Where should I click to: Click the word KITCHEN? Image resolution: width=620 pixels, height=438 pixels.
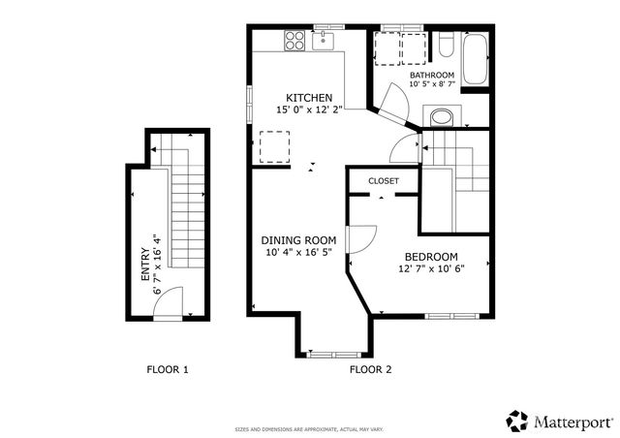[309, 98]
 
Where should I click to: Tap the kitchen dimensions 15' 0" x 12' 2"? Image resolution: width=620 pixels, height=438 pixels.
[309, 110]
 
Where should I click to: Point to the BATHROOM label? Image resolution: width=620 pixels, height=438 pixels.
[431, 75]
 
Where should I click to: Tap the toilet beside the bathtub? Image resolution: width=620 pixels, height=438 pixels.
[445, 46]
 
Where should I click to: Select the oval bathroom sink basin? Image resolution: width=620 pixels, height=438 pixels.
[441, 118]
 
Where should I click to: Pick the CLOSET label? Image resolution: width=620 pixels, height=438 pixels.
[384, 181]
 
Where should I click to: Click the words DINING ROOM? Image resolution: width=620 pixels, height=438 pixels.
[298, 240]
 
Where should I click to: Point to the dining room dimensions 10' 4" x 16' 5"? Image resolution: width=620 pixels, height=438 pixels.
[298, 253]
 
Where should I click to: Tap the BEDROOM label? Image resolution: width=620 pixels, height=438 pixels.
[430, 257]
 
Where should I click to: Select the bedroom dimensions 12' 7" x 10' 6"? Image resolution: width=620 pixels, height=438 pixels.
[430, 269]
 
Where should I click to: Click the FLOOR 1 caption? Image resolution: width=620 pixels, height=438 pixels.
[168, 369]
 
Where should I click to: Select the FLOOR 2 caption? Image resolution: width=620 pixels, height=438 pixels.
[370, 369]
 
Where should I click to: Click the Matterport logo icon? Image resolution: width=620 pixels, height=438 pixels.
[517, 421]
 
